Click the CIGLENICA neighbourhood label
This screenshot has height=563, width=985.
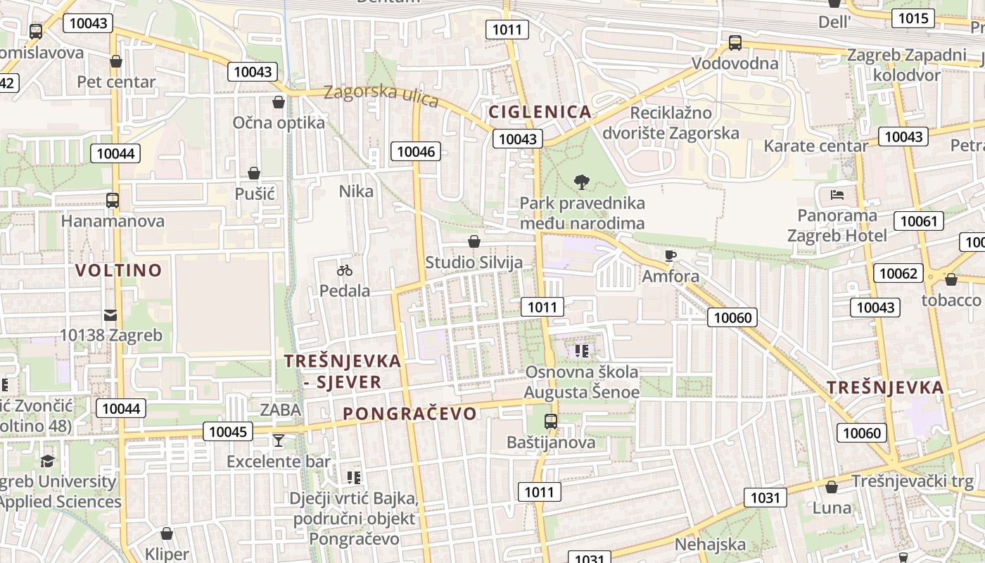(540, 112)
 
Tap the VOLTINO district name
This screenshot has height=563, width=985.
(118, 270)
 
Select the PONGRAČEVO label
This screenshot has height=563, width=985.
(410, 414)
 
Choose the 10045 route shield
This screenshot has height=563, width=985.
(228, 431)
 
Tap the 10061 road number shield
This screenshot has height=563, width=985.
(919, 222)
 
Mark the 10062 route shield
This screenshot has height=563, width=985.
(898, 273)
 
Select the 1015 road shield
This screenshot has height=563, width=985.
(913, 18)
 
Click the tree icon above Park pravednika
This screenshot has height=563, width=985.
(581, 182)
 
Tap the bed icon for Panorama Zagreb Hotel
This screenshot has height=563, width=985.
(837, 195)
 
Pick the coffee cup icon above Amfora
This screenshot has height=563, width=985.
(670, 255)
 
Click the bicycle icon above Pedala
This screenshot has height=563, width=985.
(344, 270)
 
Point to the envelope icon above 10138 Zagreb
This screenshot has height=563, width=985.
(110, 315)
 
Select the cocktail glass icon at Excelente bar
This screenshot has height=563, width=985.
(279, 441)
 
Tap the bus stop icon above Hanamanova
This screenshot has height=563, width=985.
(112, 200)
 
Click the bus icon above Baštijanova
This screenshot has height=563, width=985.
(551, 422)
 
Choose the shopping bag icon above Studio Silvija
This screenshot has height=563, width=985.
(474, 242)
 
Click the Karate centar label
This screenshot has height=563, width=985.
(816, 146)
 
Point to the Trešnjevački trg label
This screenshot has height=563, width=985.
(913, 481)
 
